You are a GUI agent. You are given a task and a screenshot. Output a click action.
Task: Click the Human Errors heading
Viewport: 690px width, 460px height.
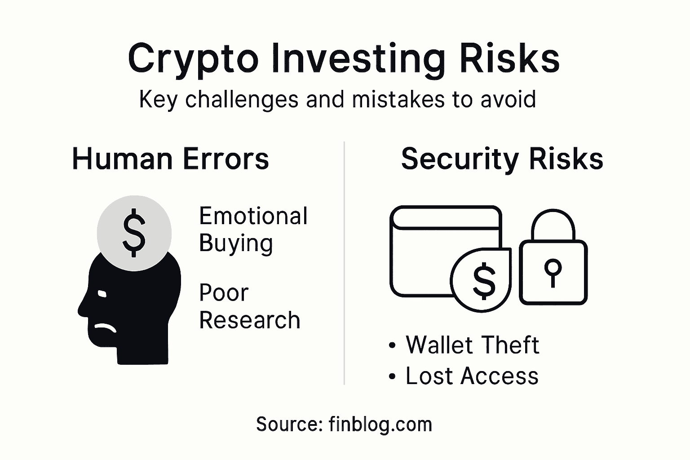pos(170,159)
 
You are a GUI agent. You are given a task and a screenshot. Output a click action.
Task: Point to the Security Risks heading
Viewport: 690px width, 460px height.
pos(502,159)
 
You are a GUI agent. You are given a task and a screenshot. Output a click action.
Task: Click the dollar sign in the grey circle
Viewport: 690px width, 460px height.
pos(134,233)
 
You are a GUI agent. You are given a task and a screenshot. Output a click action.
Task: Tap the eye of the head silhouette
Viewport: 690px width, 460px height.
pos(102,294)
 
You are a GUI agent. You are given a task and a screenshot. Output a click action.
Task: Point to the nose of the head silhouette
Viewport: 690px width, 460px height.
pos(81,309)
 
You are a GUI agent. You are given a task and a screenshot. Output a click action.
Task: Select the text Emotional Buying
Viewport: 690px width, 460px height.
pos(253,230)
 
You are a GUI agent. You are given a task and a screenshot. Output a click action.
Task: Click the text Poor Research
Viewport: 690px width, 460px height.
pos(249,306)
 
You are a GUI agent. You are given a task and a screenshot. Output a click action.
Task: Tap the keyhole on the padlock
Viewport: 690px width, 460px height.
pos(553,272)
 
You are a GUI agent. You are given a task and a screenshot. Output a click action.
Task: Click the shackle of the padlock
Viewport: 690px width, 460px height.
pos(553,225)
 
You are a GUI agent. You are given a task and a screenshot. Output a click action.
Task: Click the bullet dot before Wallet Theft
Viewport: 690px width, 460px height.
pos(393,346)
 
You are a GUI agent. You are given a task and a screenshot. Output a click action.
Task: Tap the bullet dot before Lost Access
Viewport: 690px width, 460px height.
pos(393,377)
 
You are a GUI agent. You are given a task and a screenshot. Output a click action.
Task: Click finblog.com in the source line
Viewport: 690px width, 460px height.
pos(380,424)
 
